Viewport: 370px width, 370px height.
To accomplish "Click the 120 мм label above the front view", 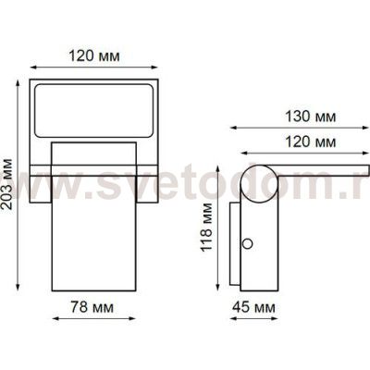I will pos(93,55).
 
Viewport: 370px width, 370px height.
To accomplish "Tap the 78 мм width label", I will pos(94,304).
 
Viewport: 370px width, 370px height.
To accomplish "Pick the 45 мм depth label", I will pos(252,304).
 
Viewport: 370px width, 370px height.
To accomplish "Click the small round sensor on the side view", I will pos(247,243).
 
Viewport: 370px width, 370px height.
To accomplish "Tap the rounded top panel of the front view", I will pos(94,108).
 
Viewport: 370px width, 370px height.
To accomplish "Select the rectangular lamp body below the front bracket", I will pos(94,231).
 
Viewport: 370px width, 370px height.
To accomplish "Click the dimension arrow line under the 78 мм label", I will pos(94,317).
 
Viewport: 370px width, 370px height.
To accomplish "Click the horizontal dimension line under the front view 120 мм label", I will pos(94,67).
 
